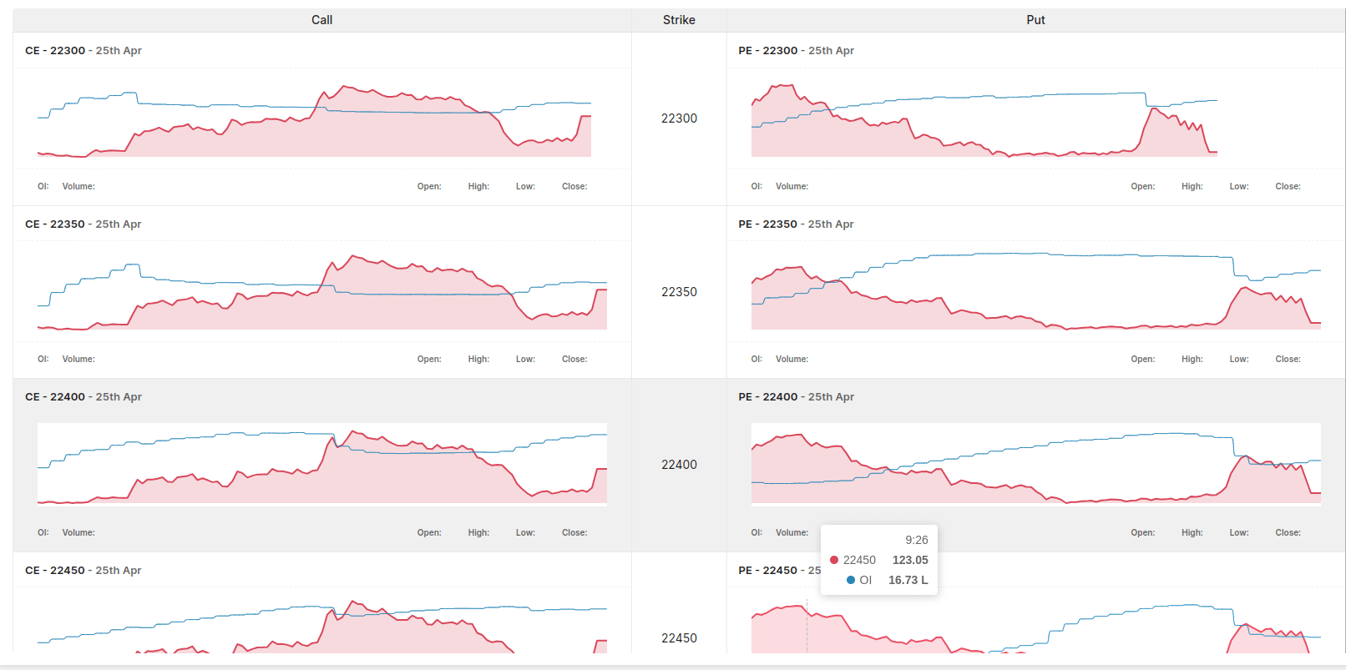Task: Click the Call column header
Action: click(x=321, y=20)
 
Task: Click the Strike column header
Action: click(x=679, y=20)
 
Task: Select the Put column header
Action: click(x=1035, y=20)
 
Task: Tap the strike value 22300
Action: click(x=679, y=118)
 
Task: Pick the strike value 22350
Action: click(x=679, y=292)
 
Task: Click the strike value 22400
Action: click(x=679, y=465)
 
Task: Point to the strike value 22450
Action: click(x=679, y=638)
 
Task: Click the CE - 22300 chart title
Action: click(x=83, y=51)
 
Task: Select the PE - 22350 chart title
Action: click(x=796, y=224)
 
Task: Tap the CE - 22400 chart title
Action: click(x=83, y=397)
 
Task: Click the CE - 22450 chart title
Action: click(x=83, y=571)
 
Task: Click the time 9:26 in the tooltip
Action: click(x=916, y=541)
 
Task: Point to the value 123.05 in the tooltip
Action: click(x=910, y=561)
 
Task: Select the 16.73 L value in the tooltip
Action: click(x=908, y=581)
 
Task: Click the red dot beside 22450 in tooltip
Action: click(x=834, y=560)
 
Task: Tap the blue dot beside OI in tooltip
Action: click(x=851, y=580)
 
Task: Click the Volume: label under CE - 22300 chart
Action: click(x=78, y=187)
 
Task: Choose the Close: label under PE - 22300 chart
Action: click(x=1288, y=187)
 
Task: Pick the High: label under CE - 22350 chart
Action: click(x=478, y=360)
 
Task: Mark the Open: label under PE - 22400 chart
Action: click(x=1142, y=533)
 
